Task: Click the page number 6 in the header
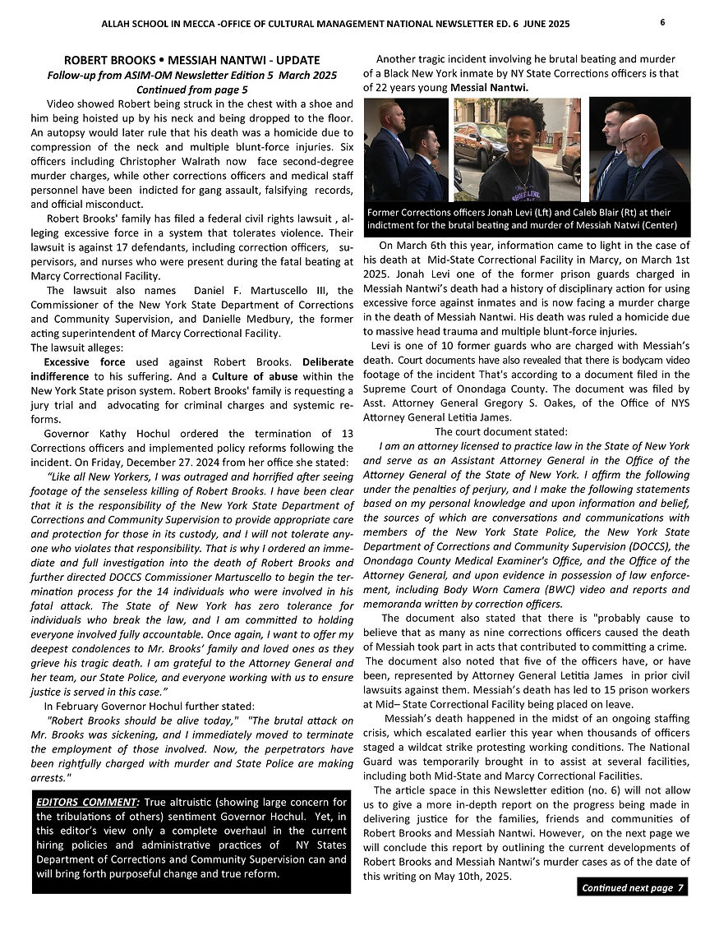click(662, 23)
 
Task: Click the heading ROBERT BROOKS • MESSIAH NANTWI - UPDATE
click(191, 61)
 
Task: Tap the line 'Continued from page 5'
click(191, 89)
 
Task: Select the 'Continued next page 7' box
click(632, 888)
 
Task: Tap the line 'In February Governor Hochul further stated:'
click(150, 706)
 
